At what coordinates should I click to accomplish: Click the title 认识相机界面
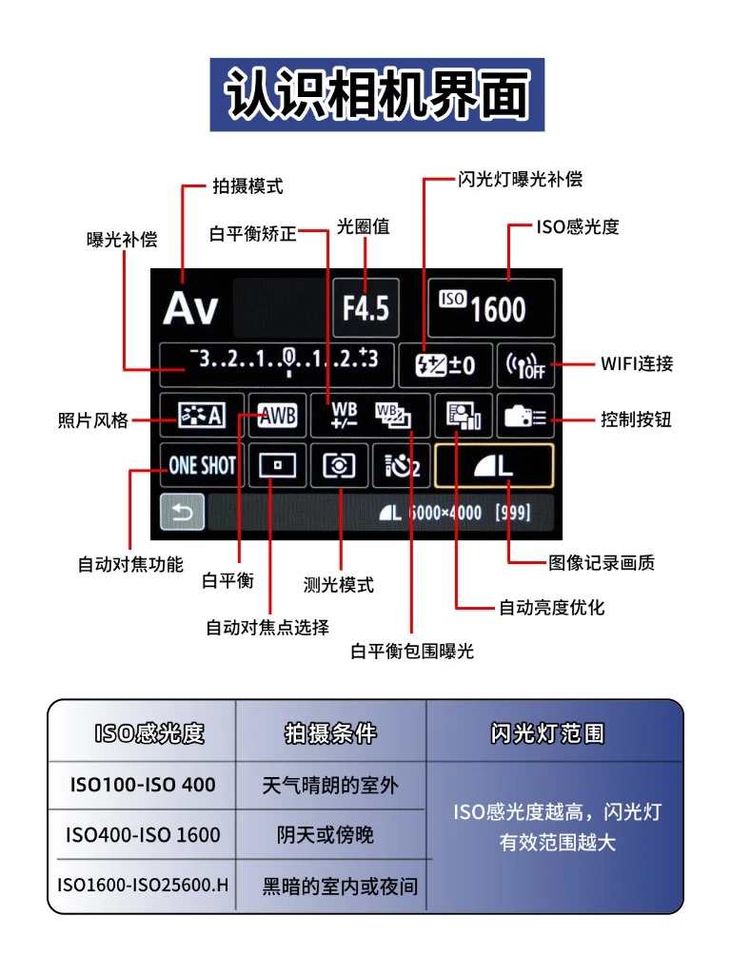pos(377,94)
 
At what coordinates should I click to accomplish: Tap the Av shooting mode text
pos(190,309)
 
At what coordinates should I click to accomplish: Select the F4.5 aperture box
pos(365,307)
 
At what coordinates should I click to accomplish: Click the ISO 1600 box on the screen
pos(490,307)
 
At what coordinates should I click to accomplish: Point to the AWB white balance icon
pos(278,416)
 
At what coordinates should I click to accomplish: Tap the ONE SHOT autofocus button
pos(202,466)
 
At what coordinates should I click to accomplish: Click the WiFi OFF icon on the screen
pos(524,365)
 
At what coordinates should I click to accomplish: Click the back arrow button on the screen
pos(182,515)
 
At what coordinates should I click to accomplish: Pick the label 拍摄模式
pos(247,186)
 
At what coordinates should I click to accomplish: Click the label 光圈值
pos(363,227)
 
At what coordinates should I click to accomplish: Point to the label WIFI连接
pos(637,363)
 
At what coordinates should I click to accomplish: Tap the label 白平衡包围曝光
pos(411,651)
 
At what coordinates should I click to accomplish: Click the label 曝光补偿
pos(122,240)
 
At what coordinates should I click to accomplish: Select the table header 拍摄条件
pos(330,733)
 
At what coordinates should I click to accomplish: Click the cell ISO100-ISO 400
pos(143,786)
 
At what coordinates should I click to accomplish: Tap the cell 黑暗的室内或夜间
pos(340,886)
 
